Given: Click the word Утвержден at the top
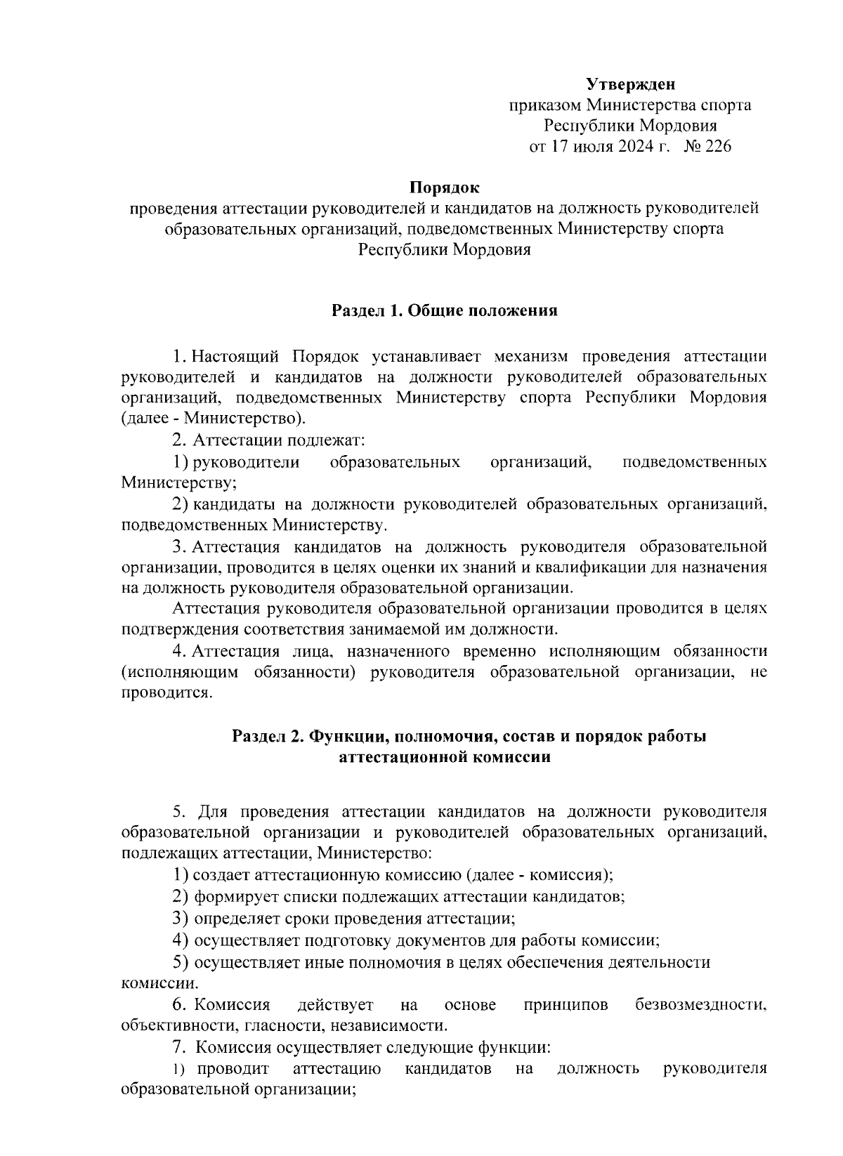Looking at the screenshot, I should click(x=631, y=85).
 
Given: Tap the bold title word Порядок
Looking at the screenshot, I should click(x=444, y=188).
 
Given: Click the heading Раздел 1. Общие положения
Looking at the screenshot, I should click(x=444, y=310).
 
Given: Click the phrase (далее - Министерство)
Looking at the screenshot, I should click(x=213, y=419).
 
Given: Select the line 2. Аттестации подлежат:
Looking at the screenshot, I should click(x=268, y=440).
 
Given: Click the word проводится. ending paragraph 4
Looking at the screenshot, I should click(x=166, y=693).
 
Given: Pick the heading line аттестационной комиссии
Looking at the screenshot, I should click(x=444, y=758).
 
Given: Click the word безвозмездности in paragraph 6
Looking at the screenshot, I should click(x=700, y=1005).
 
